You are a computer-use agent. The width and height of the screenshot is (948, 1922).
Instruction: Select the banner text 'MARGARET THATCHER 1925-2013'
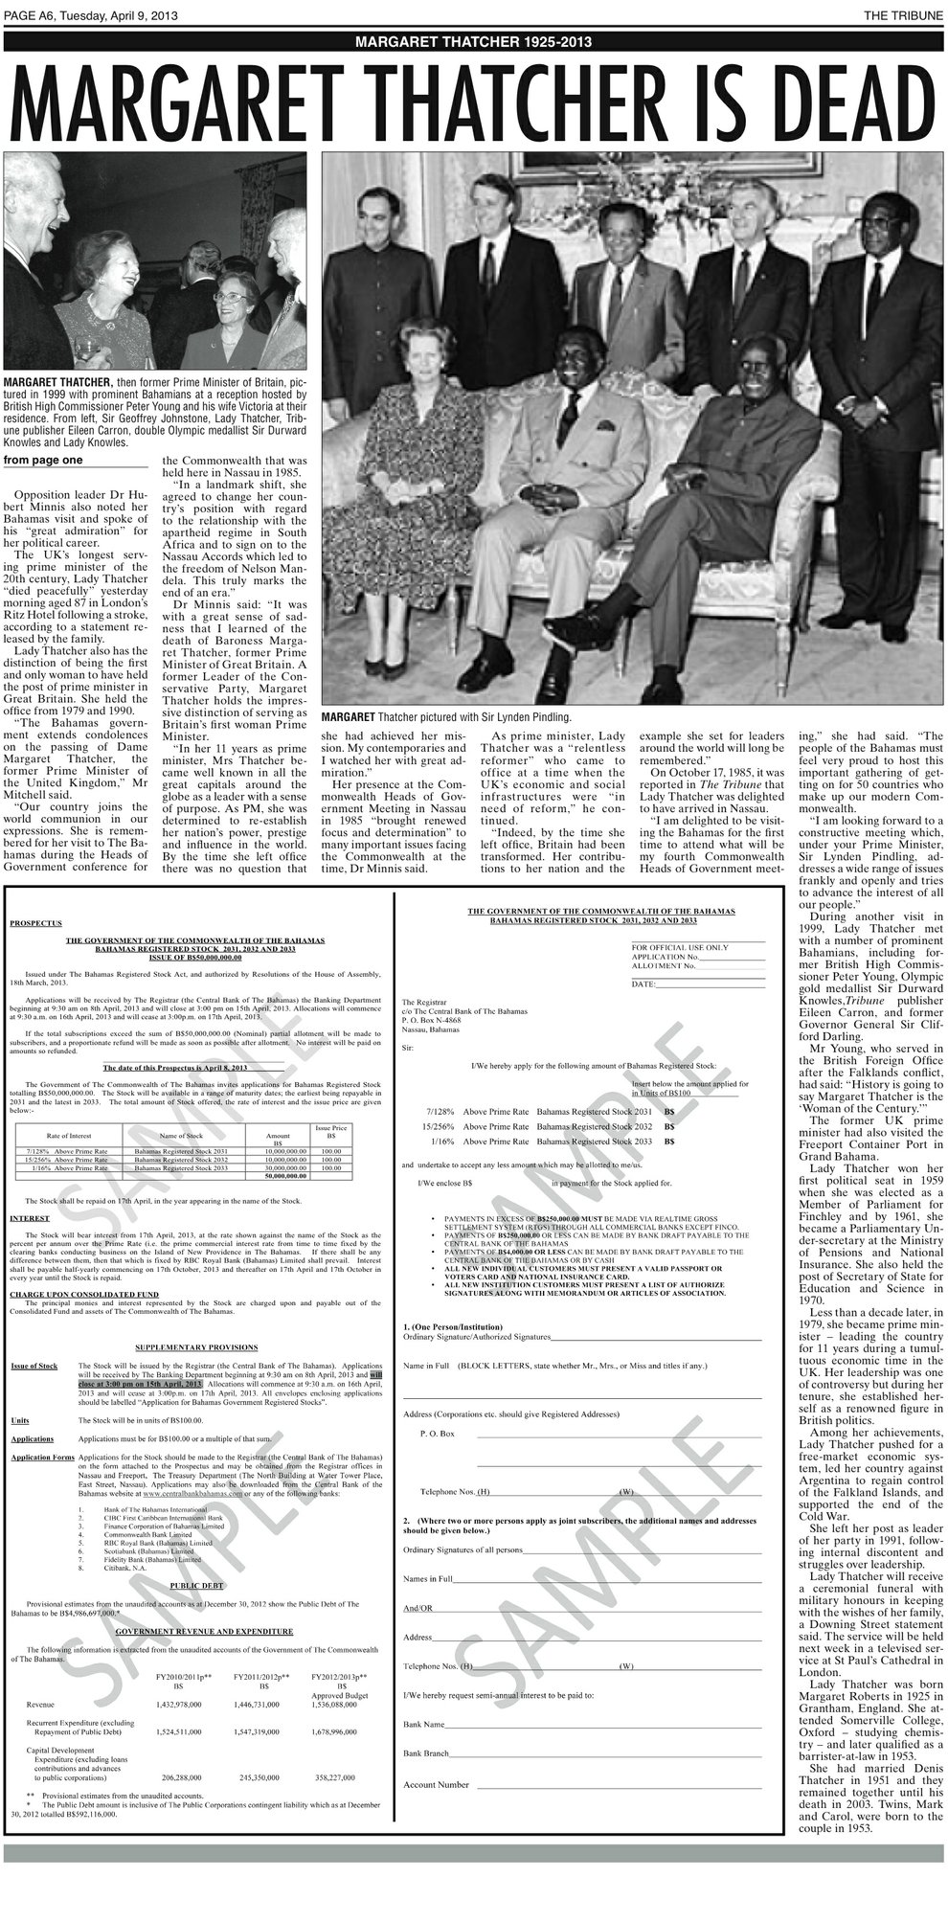tap(473, 41)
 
